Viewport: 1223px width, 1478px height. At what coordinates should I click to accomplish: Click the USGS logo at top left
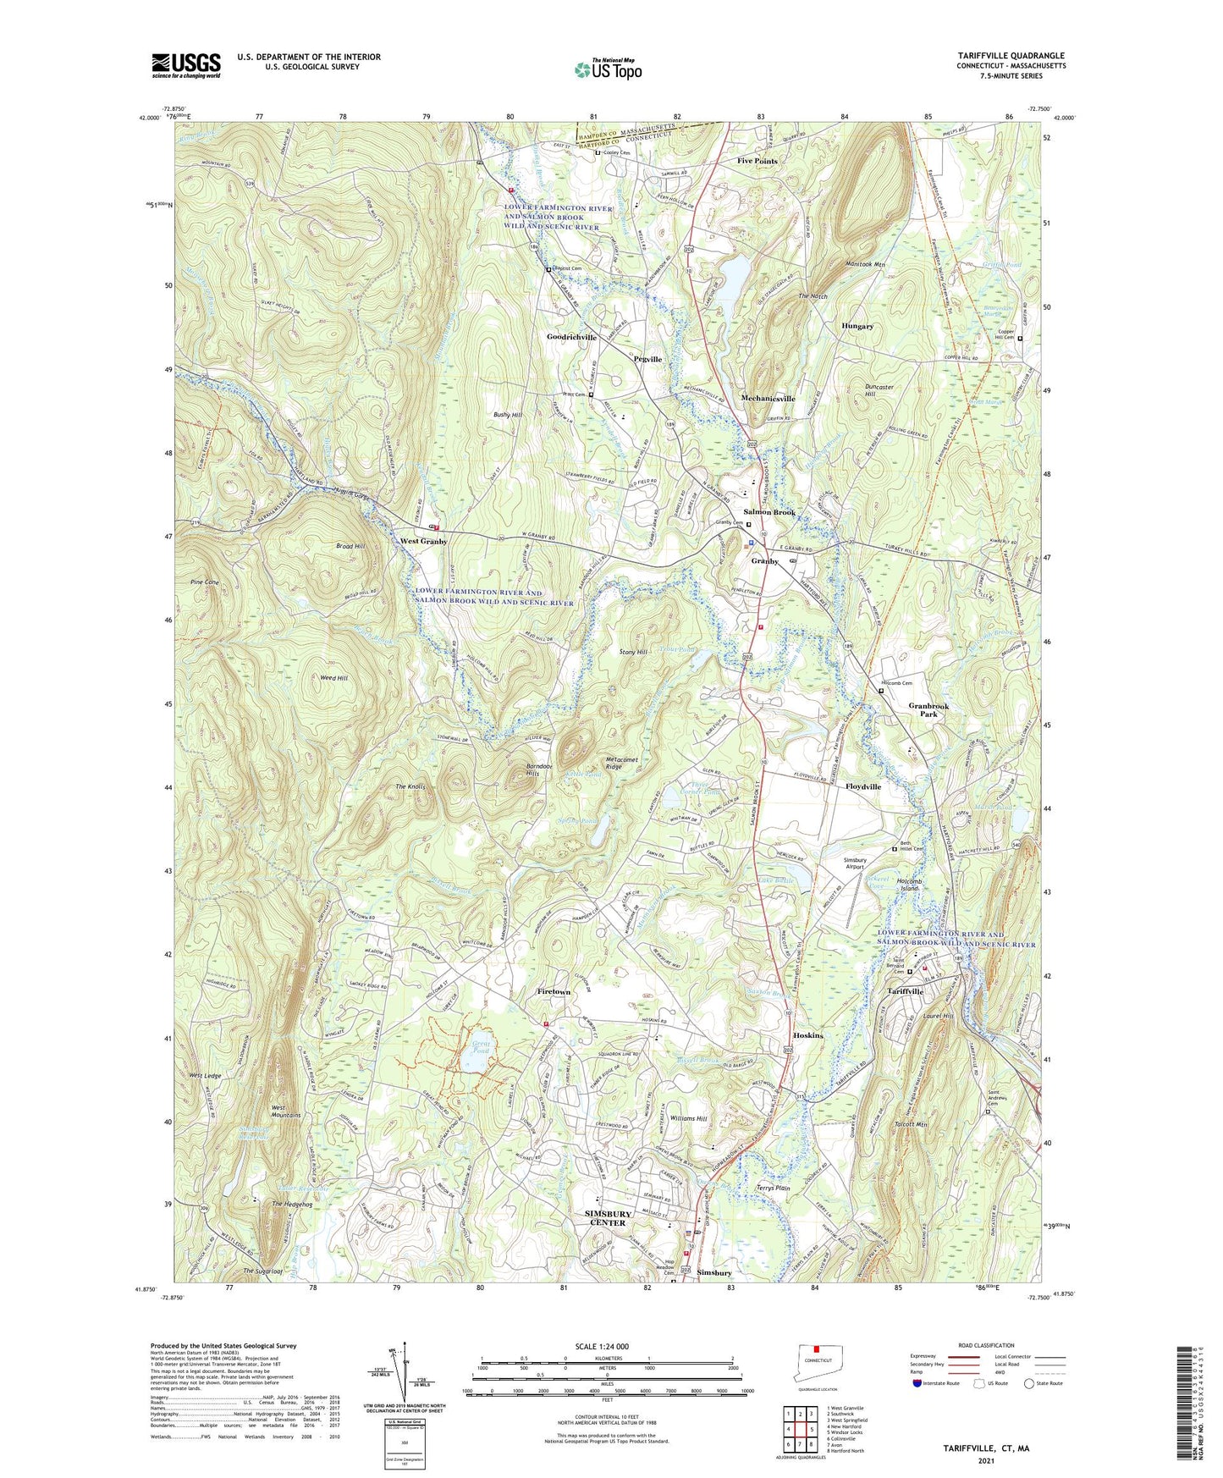(x=186, y=65)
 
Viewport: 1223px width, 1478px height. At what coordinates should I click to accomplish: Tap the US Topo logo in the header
(x=607, y=69)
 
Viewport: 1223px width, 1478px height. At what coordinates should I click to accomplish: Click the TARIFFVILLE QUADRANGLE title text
(x=1005, y=56)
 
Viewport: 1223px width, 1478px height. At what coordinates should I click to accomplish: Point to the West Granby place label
(x=423, y=541)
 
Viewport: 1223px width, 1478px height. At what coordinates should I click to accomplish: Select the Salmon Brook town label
(x=769, y=512)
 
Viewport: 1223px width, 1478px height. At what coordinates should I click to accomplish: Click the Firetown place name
(x=559, y=990)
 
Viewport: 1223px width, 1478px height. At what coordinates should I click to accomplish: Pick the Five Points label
(x=757, y=161)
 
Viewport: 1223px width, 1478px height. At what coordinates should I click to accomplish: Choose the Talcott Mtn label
(x=912, y=1125)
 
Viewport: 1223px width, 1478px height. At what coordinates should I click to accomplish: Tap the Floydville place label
(x=863, y=786)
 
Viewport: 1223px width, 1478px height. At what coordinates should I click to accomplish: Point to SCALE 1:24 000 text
(x=602, y=1347)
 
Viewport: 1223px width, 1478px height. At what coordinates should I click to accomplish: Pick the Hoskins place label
(x=808, y=1035)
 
